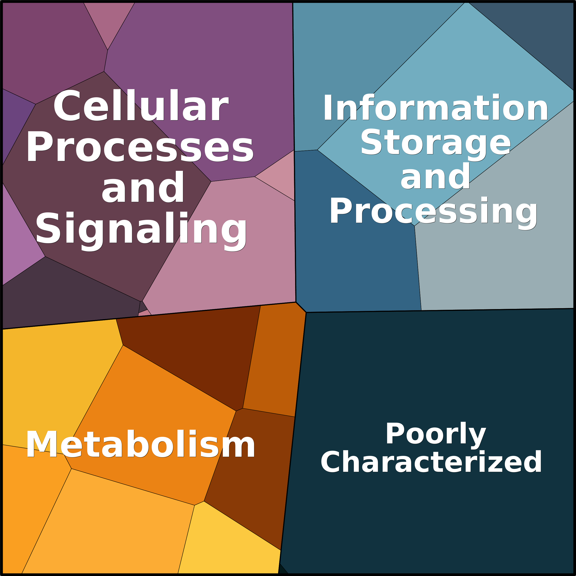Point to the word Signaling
(141, 230)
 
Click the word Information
(435, 108)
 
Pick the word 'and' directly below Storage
(435, 177)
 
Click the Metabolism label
(140, 444)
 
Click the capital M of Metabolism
(42, 444)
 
